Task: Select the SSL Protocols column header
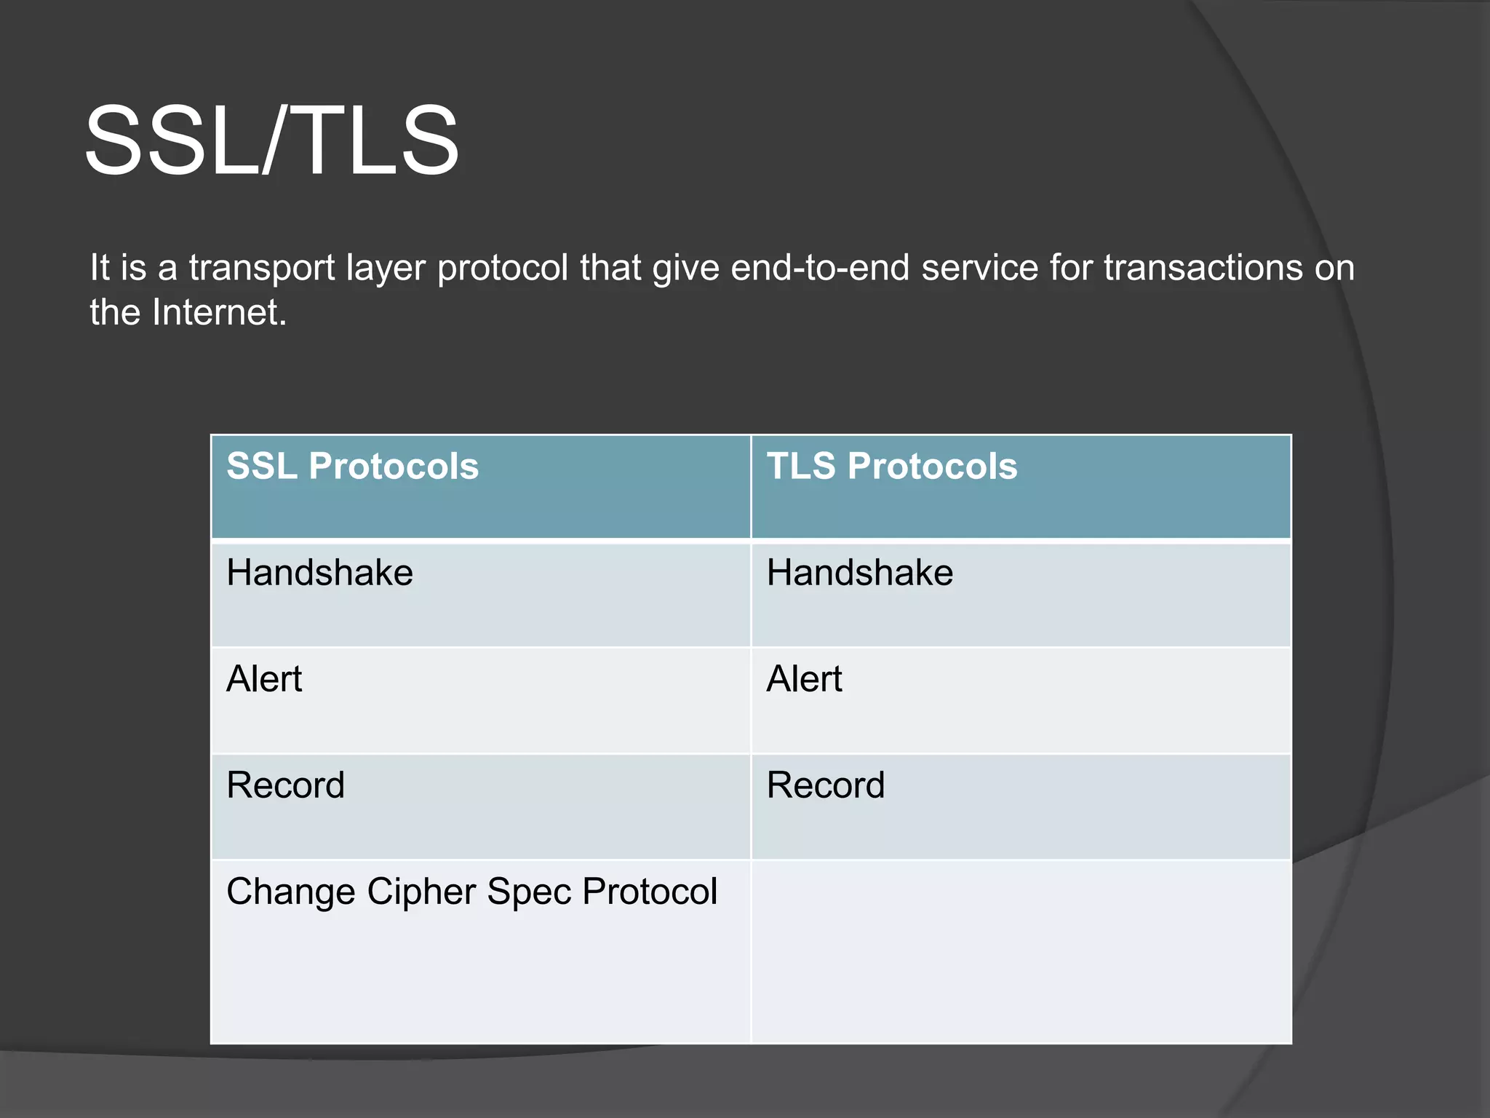click(x=352, y=466)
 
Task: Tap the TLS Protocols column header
click(x=891, y=466)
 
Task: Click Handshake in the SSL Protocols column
click(x=319, y=572)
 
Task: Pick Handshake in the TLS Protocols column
click(x=859, y=572)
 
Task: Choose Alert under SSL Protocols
click(x=264, y=678)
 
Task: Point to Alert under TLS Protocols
click(x=804, y=678)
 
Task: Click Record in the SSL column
click(x=285, y=785)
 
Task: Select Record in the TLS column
click(x=825, y=785)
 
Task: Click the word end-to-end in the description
click(x=820, y=268)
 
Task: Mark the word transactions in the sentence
click(x=1203, y=268)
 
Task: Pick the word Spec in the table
click(x=528, y=892)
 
